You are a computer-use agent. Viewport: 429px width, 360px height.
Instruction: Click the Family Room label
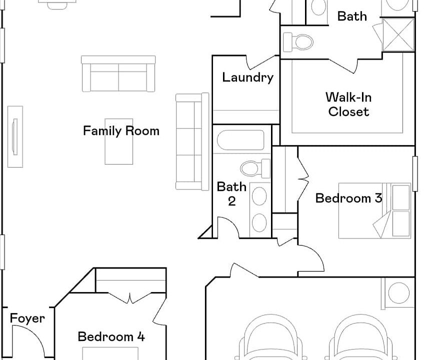point(121,131)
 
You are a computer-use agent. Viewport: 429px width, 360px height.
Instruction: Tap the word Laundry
point(247,77)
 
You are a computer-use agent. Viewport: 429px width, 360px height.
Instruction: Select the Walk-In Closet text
point(348,104)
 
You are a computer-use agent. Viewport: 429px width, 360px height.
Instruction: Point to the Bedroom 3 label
point(348,198)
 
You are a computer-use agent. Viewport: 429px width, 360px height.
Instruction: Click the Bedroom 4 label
point(111,336)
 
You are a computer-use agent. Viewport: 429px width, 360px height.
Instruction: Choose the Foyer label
point(27,318)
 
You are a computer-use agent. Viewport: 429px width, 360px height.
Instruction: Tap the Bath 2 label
point(231,193)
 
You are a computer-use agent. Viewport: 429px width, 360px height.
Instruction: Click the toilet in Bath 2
point(255,167)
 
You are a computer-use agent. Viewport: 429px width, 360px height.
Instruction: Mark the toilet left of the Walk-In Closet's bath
point(298,41)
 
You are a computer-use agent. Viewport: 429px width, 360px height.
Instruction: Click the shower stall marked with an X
point(398,35)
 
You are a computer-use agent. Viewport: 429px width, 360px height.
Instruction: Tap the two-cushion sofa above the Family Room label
point(118,74)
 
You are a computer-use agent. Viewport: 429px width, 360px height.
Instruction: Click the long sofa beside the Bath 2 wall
point(191,142)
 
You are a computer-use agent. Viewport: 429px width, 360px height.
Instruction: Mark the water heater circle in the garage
point(398,293)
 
